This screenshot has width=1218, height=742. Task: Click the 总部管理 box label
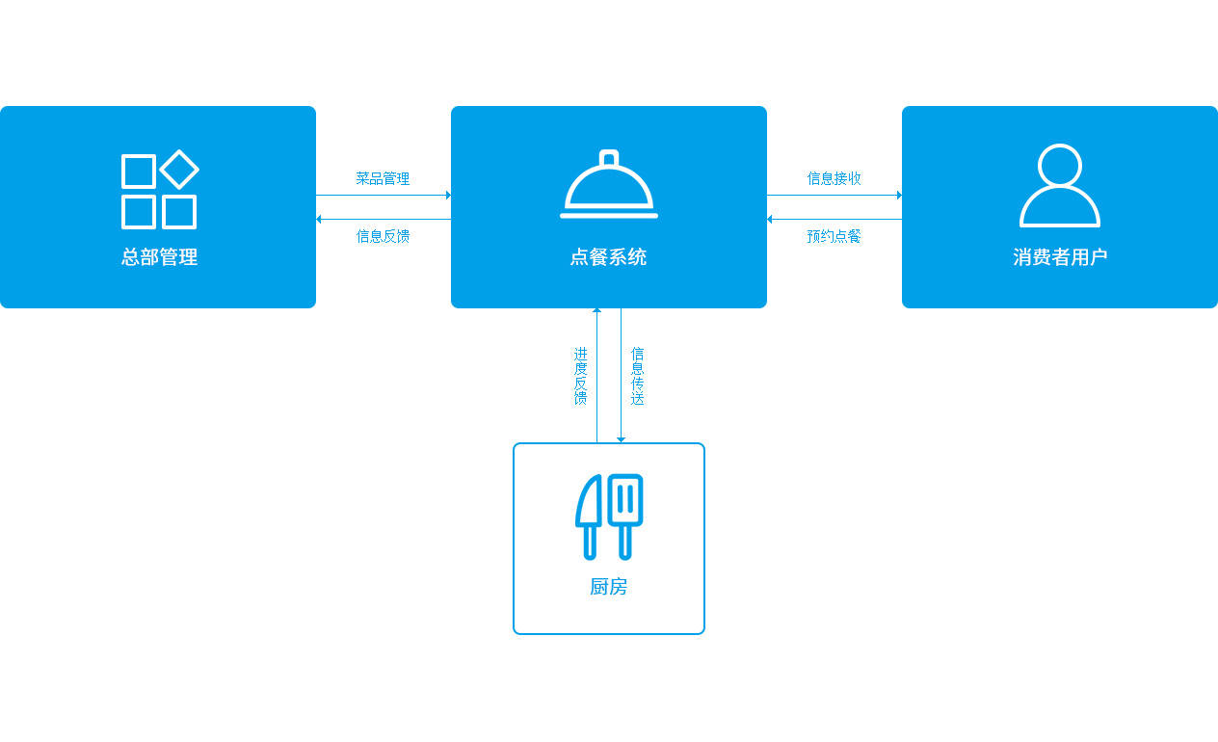coord(159,256)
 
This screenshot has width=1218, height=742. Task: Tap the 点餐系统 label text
coord(608,256)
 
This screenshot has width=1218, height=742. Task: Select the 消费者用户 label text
coord(1060,256)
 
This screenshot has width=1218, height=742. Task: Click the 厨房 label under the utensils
coord(608,587)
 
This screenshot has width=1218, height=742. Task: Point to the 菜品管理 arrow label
coord(383,178)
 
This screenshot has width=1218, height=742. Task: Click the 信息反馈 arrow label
coord(383,236)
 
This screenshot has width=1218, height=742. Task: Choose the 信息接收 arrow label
coord(834,178)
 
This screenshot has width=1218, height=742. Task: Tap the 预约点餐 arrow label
coord(834,236)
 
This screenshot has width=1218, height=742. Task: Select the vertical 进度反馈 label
coord(581,376)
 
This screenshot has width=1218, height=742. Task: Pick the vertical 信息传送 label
coord(637,376)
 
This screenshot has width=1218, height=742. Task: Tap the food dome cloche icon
coord(609,184)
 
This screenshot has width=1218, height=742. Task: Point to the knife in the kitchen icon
coord(587,517)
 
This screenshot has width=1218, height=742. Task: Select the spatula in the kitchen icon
coord(625,517)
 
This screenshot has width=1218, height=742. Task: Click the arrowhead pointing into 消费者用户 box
coord(899,195)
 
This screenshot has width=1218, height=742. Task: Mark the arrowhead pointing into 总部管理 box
coord(319,219)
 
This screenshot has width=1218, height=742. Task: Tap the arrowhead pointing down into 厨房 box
coord(621,439)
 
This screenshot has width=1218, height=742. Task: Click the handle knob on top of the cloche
coord(609,158)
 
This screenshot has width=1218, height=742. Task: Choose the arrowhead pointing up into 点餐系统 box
coord(596,310)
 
